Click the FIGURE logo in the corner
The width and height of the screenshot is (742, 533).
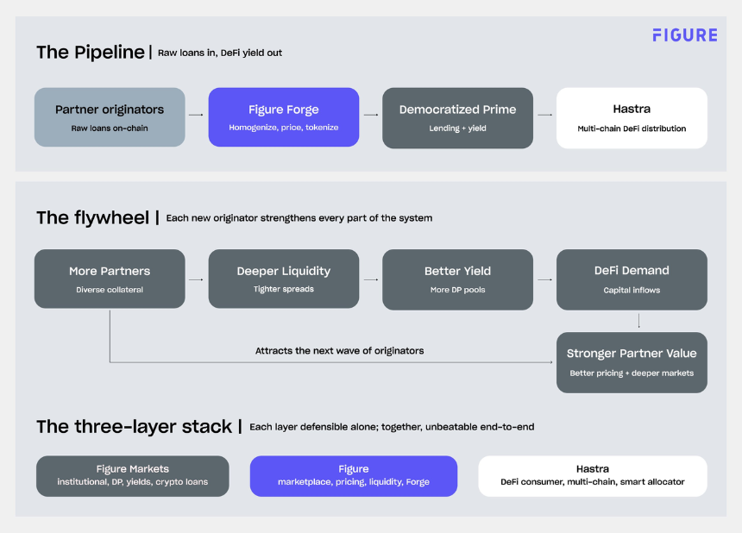685,35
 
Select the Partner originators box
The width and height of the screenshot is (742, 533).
110,116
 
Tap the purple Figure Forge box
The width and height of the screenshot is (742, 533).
284,116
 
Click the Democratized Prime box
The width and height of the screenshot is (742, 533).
457,118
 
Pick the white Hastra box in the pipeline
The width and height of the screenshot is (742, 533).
632,118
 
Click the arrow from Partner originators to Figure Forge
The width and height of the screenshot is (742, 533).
196,115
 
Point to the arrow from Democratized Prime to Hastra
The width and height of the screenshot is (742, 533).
544,115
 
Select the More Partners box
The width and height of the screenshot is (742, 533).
110,279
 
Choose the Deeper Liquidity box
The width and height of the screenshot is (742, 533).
284,279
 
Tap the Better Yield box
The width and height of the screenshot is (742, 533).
457,279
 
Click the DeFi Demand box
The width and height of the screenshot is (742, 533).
632,279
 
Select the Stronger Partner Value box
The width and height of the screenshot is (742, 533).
632,362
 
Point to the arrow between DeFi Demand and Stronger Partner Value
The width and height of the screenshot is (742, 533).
638,321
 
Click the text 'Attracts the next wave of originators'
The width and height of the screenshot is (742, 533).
339,351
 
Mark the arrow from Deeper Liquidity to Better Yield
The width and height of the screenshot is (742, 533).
370,279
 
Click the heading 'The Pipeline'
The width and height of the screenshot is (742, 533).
91,52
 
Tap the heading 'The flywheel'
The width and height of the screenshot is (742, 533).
93,217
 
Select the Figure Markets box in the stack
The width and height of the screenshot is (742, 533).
133,476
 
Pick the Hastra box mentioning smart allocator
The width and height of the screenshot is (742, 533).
593,476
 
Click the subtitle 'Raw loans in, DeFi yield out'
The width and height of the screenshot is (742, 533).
219,53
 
